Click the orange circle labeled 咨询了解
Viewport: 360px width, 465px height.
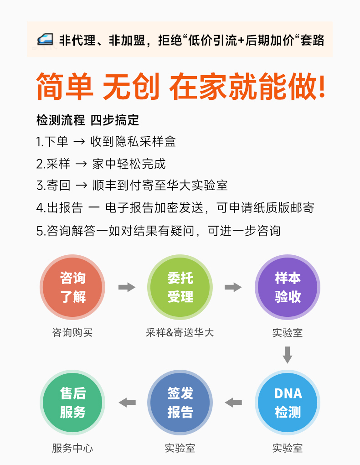(x=72, y=287)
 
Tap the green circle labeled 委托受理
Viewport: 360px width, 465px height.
(x=180, y=287)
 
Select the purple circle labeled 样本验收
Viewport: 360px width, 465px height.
(x=288, y=287)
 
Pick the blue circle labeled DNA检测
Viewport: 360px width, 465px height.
(x=288, y=403)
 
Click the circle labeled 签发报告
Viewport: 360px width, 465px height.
(x=180, y=403)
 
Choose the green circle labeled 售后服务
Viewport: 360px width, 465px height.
(x=72, y=403)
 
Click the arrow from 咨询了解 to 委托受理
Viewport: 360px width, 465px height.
(x=127, y=287)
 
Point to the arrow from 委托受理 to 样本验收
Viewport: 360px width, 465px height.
(x=233, y=287)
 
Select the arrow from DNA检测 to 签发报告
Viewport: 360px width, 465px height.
(x=233, y=403)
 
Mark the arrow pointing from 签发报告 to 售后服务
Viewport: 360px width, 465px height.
(x=127, y=403)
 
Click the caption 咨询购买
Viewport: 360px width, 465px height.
(x=72, y=333)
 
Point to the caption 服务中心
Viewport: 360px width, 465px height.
(x=72, y=448)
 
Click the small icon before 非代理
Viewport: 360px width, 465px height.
(x=45, y=40)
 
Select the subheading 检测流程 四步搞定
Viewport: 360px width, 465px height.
(x=88, y=120)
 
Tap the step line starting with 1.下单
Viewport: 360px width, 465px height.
(x=106, y=142)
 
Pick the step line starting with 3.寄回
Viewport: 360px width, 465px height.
(x=132, y=186)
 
